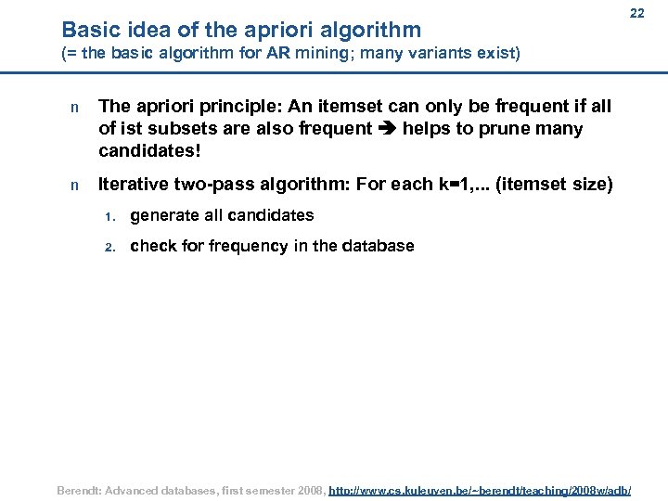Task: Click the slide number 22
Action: click(636, 14)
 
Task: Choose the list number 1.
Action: click(109, 217)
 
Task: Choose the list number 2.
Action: click(109, 248)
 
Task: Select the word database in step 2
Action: click(380, 246)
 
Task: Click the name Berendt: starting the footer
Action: click(84, 488)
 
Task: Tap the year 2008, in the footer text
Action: click(307, 488)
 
